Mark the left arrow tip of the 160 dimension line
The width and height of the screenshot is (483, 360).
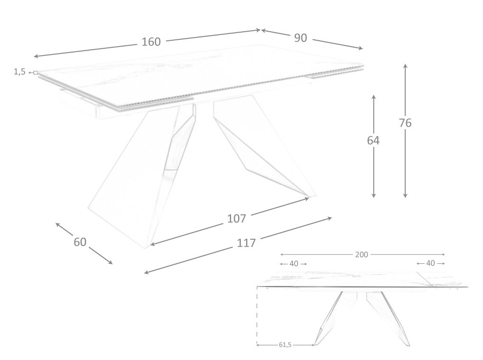(34, 56)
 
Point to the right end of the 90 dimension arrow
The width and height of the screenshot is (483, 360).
(363, 49)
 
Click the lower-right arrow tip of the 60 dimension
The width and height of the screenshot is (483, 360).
(112, 264)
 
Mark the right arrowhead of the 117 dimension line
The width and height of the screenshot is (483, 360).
(332, 218)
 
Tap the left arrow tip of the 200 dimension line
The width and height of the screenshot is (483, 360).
(280, 254)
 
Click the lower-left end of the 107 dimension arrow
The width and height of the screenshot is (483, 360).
(150, 245)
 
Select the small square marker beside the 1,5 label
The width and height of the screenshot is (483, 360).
(36, 73)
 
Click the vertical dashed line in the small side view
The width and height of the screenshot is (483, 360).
(257, 316)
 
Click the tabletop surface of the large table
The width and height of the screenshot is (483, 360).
(200, 72)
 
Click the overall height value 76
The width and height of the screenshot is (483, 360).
(405, 123)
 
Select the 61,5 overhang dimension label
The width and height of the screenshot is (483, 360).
(285, 344)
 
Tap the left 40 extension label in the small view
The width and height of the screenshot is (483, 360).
(294, 263)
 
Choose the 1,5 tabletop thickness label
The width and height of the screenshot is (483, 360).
(19, 72)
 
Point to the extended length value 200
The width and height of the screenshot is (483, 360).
(362, 254)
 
